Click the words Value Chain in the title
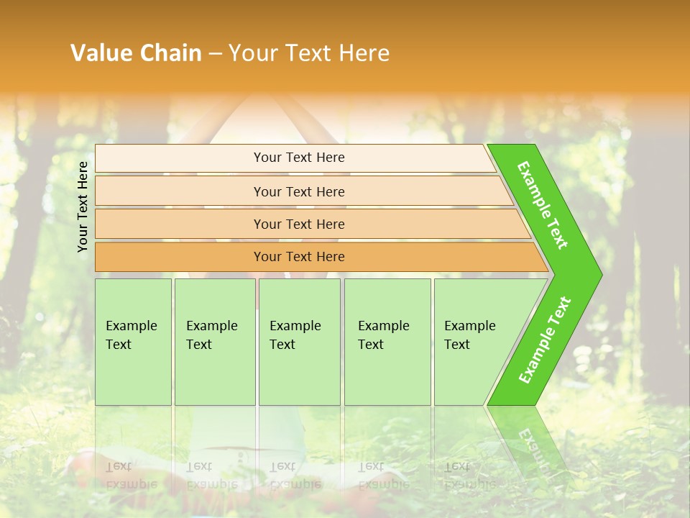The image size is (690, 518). [x=136, y=53]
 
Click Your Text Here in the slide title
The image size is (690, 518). [x=308, y=53]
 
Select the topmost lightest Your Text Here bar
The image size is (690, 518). [x=298, y=158]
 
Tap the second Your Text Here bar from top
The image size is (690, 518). [x=298, y=191]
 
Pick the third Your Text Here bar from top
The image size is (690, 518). [x=298, y=224]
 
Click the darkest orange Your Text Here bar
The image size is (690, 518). [x=298, y=257]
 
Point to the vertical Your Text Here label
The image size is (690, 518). [x=83, y=206]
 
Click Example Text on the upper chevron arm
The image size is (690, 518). [x=543, y=205]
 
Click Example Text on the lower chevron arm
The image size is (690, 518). [x=545, y=340]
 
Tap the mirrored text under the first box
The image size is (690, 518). [x=131, y=476]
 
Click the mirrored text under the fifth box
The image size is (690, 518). [x=468, y=476]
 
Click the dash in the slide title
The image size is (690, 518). [x=215, y=54]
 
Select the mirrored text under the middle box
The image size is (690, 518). [x=295, y=476]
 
